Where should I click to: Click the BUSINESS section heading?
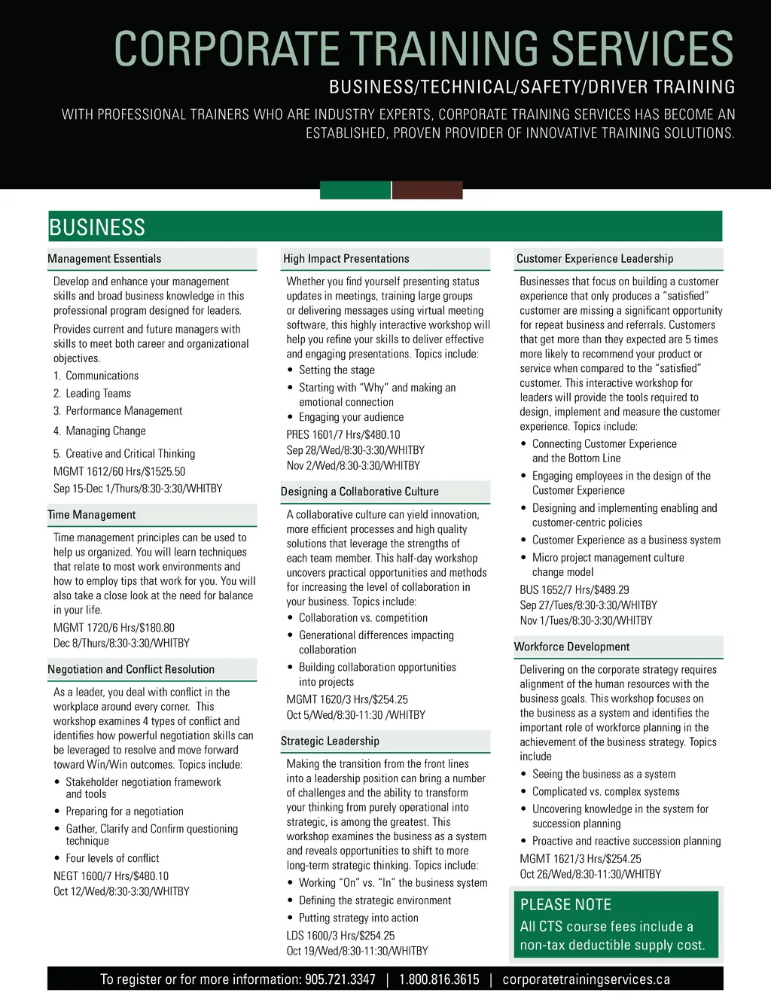[97, 227]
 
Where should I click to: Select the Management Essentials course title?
[105, 259]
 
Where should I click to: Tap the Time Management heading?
[92, 515]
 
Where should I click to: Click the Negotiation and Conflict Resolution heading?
[131, 669]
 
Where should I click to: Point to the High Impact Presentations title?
[346, 259]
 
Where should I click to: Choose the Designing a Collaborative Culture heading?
[360, 492]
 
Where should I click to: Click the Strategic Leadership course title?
[330, 741]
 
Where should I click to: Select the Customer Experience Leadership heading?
[595, 259]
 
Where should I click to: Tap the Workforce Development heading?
[572, 647]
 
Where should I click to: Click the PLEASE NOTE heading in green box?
[565, 905]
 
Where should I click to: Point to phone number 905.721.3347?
[340, 979]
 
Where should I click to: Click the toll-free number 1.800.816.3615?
[439, 979]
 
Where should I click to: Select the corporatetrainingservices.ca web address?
[586, 979]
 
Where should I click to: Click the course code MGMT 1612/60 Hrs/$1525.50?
[119, 472]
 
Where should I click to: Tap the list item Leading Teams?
[98, 394]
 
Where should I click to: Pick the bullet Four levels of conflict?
[112, 858]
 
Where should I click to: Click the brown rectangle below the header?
[427, 190]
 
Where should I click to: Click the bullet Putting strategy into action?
[358, 918]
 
